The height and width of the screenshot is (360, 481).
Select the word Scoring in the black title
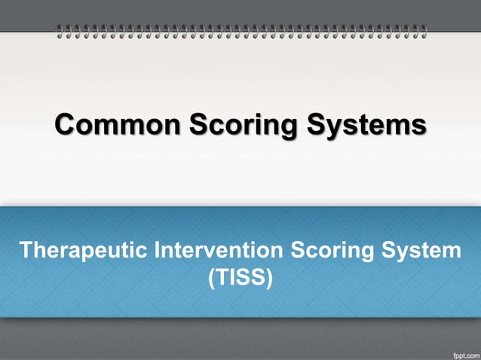(240, 126)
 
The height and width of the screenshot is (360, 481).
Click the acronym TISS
(240, 277)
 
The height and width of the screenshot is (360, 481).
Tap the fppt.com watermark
(461, 352)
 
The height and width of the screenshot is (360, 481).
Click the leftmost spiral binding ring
(61, 32)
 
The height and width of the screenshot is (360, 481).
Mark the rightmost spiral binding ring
(424, 32)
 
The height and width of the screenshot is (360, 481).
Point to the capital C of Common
(67, 124)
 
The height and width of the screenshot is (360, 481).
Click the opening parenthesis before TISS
(211, 278)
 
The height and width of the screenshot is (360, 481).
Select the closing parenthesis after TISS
(269, 278)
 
